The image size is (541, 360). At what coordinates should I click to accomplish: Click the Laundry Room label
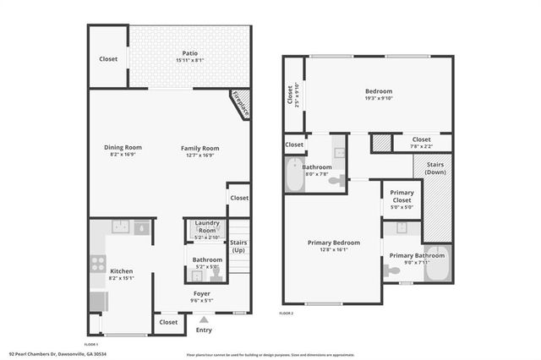tap(207, 226)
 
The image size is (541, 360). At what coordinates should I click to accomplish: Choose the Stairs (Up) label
tap(239, 247)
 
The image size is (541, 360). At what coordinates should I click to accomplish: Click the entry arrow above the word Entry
tap(204, 319)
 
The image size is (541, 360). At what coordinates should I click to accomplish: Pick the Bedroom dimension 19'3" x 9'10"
tap(378, 97)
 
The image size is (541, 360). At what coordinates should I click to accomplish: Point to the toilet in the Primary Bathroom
tap(392, 270)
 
